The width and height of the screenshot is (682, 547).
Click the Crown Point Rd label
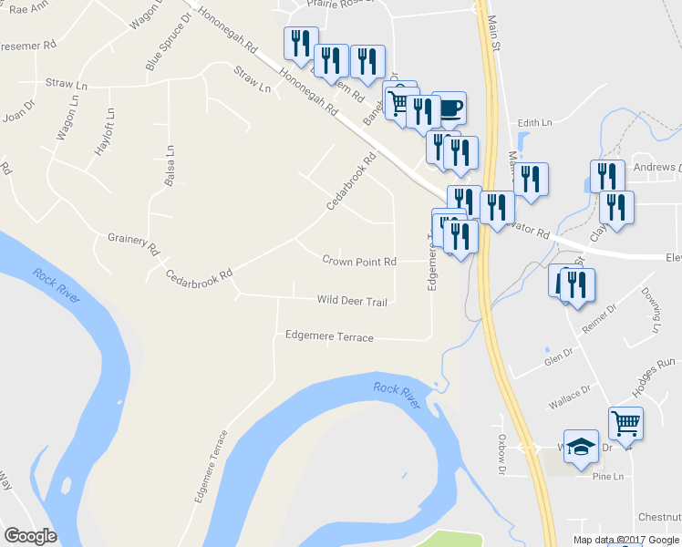tap(359, 261)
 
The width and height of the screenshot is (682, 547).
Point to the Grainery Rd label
tap(133, 243)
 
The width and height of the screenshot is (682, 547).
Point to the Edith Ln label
tap(535, 122)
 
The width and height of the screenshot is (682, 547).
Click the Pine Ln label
tap(605, 476)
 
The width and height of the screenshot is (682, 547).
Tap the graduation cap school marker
tap(581, 447)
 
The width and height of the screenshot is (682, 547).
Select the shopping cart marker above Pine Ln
tap(625, 423)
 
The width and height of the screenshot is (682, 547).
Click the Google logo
tap(30, 536)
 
